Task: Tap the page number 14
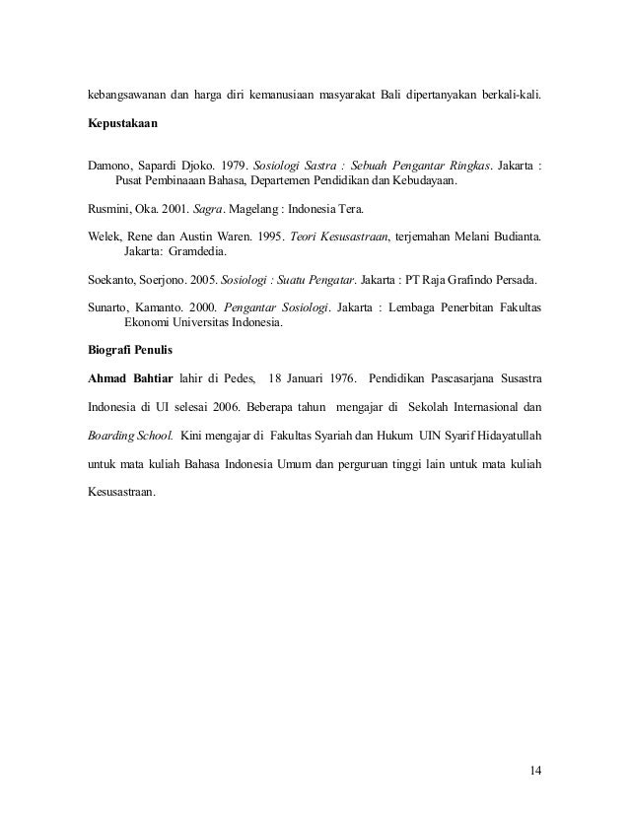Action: (x=535, y=769)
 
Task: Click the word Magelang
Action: (x=283, y=208)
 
